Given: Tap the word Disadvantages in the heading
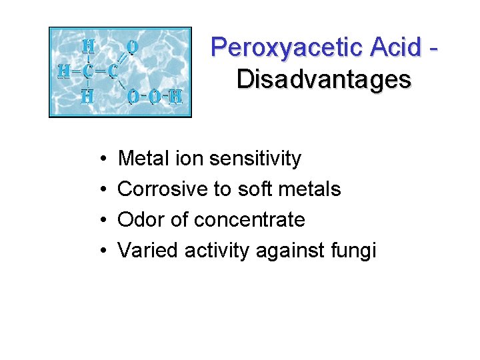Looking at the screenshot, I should pyautogui.click(x=323, y=79).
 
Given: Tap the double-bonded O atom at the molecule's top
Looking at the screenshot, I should pyautogui.click(x=133, y=47).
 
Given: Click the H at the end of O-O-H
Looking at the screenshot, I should pyautogui.click(x=175, y=97).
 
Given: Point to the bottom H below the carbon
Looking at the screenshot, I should pyautogui.click(x=87, y=97).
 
